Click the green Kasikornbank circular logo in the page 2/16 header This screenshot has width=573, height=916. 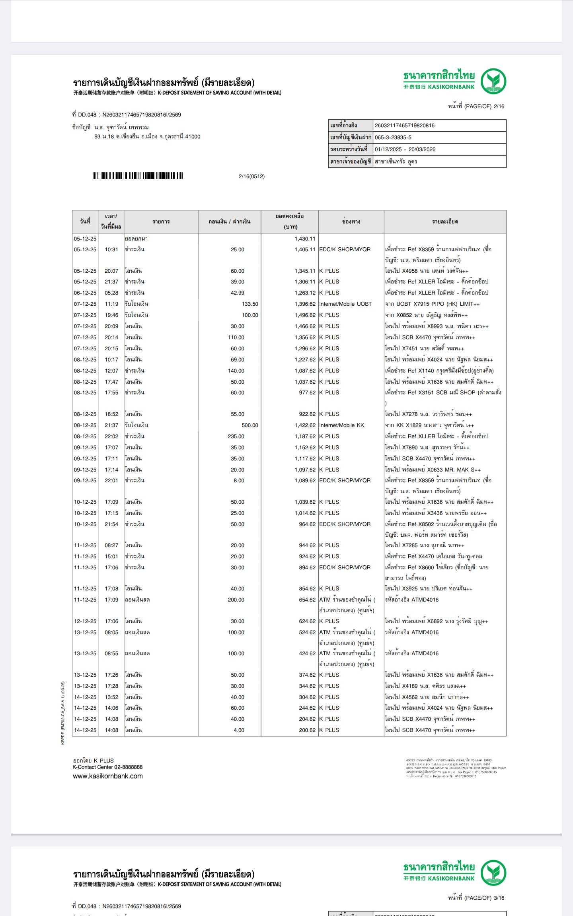click(x=493, y=81)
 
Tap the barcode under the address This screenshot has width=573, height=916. click(x=138, y=176)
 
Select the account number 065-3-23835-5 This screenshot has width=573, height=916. click(x=393, y=138)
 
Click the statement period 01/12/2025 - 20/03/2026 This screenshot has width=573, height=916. click(x=405, y=149)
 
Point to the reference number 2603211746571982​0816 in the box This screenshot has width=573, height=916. click(x=404, y=126)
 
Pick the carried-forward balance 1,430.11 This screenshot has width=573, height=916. click(x=305, y=239)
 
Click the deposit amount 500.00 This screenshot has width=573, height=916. click(x=249, y=425)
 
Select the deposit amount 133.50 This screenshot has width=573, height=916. click(x=249, y=304)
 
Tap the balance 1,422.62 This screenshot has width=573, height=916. click(x=305, y=425)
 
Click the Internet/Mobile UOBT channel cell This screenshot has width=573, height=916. click(x=345, y=304)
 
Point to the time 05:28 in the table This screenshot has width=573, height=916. click(x=111, y=293)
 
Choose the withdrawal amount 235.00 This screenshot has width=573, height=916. click(x=236, y=437)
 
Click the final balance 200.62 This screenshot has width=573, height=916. click(x=307, y=730)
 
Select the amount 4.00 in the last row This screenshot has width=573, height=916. click(x=239, y=730)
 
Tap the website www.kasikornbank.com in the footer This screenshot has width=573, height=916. click(x=107, y=776)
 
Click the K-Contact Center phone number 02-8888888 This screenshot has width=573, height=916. click(x=128, y=767)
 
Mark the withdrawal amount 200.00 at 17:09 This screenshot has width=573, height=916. click(x=236, y=600)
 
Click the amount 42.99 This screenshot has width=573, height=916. click(x=238, y=293)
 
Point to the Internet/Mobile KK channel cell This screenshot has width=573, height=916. click(x=341, y=425)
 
